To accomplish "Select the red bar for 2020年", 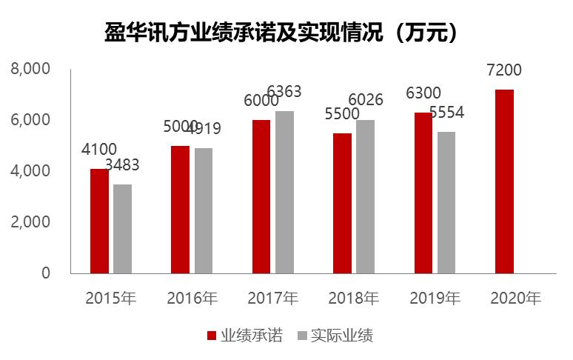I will pyautogui.click(x=504, y=181).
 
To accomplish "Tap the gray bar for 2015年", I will pyautogui.click(x=123, y=229).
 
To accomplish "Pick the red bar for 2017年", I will pyautogui.click(x=261, y=196).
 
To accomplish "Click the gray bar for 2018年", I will pyautogui.click(x=365, y=196).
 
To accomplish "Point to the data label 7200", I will pyautogui.click(x=504, y=71).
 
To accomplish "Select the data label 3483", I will pyautogui.click(x=122, y=165).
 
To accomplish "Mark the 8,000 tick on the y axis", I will pyautogui.click(x=30, y=69).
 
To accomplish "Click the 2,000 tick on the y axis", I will pyautogui.click(x=30, y=222).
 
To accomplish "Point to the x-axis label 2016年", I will pyautogui.click(x=192, y=299).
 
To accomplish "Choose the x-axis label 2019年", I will pyautogui.click(x=435, y=299).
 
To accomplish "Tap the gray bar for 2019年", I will pyautogui.click(x=446, y=202).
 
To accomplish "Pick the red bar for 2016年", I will pyautogui.click(x=180, y=210).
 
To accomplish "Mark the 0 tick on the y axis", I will pyautogui.click(x=45, y=273).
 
